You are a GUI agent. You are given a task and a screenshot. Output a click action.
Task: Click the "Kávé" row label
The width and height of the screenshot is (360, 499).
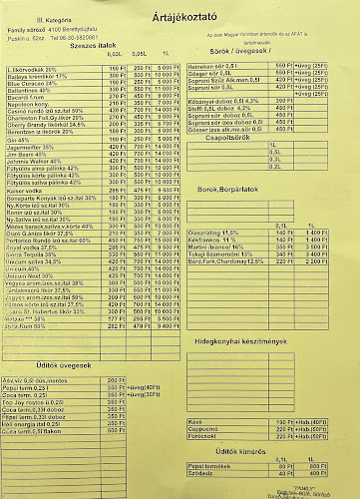(x=222, y=422)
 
